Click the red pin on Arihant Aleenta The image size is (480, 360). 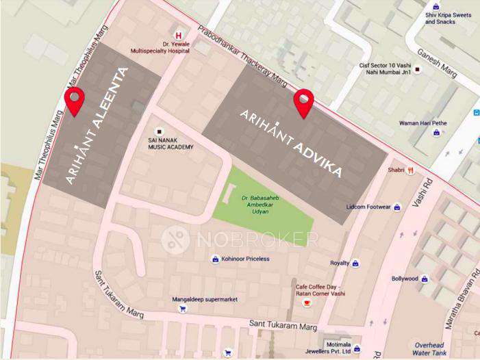click(x=74, y=101)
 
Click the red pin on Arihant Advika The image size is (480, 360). click(x=303, y=102)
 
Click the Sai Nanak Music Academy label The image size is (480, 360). click(x=171, y=144)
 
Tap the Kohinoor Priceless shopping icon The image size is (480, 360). click(x=214, y=259)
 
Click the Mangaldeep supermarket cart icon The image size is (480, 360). click(x=182, y=309)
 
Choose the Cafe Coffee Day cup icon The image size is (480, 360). click(x=306, y=302)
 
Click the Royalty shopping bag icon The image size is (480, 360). click(x=355, y=263)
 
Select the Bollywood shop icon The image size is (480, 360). click(x=425, y=279)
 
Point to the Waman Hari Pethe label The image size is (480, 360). click(x=422, y=123)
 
